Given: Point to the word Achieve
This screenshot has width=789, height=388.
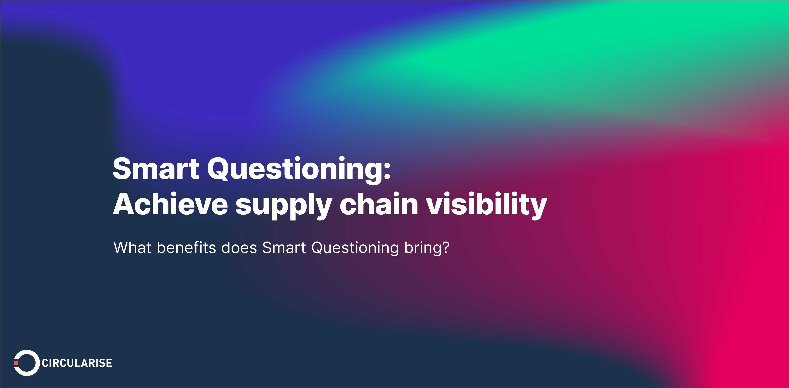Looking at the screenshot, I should click(170, 204).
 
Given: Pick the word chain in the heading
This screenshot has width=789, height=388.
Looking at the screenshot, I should click(379, 204).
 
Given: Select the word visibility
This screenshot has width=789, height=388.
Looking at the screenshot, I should click(486, 204).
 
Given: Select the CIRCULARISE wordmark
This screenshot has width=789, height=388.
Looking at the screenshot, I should click(77, 363).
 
